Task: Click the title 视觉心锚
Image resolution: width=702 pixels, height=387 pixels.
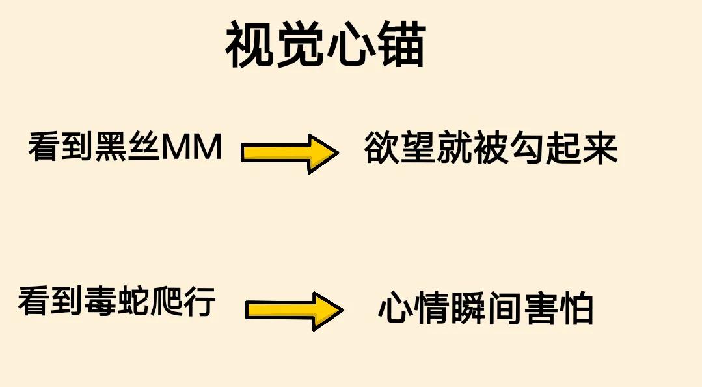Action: pyautogui.click(x=325, y=46)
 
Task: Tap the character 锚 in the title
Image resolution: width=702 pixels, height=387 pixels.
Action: pyautogui.click(x=400, y=46)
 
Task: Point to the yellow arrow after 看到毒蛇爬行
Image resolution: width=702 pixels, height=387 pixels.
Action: pyautogui.click(x=293, y=310)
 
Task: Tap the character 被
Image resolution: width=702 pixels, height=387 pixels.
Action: pyautogui.click(x=491, y=149)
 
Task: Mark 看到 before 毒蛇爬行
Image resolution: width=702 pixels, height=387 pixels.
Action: pyautogui.click(x=51, y=302)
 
